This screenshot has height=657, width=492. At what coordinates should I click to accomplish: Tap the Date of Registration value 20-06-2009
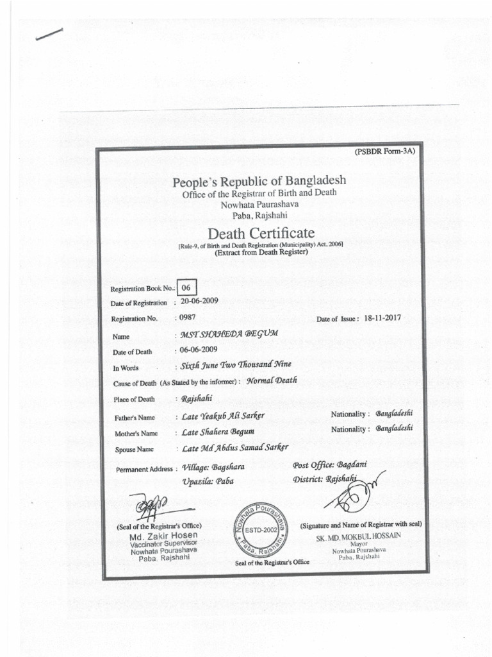pos(200,301)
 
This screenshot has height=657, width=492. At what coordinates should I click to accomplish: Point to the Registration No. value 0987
pos(187,317)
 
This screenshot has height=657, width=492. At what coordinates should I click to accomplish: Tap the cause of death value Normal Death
pos(272,380)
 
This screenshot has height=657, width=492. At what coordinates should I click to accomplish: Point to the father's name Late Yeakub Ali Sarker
pos(223,416)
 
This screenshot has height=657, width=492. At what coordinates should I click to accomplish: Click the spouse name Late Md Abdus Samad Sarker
pos(235,447)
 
